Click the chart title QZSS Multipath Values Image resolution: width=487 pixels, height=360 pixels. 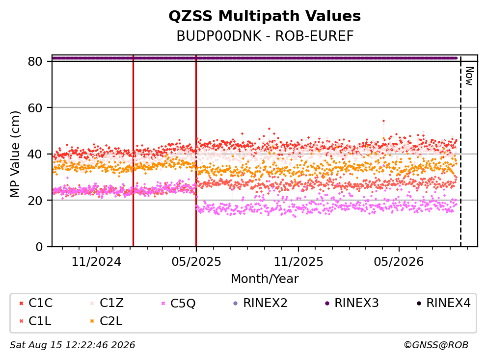[265, 16]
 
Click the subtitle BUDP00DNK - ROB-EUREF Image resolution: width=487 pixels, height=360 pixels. [265, 36]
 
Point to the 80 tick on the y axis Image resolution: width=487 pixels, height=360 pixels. [35, 61]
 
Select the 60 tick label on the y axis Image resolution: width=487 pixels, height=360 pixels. [35, 108]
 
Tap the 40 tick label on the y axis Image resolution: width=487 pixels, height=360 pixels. [35, 154]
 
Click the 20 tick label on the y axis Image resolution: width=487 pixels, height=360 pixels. [35, 200]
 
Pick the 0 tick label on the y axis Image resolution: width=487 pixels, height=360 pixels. [39, 247]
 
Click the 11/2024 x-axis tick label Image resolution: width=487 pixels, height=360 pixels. [96, 262]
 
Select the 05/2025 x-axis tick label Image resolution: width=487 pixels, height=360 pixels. [196, 262]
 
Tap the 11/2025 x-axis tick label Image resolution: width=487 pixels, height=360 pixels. [298, 262]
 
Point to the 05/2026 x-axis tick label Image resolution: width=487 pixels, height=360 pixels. [399, 262]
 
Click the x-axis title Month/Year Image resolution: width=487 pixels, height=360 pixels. [265, 279]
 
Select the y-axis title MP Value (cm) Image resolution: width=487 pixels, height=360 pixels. [15, 154]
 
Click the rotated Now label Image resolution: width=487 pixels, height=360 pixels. [469, 76]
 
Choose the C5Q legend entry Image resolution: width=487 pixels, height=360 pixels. [179, 303]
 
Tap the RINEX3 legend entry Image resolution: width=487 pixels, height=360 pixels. [352, 303]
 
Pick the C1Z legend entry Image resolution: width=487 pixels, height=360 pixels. [107, 303]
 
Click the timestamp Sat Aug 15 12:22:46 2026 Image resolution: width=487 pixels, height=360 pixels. [73, 345]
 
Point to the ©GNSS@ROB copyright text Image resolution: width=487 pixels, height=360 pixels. [436, 345]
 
